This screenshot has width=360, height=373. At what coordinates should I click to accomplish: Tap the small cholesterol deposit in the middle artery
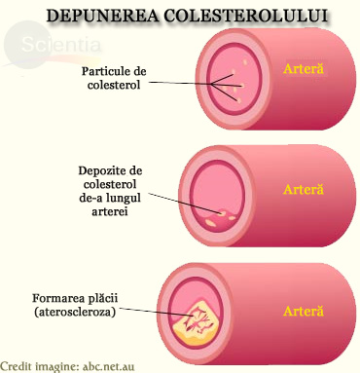(227, 214)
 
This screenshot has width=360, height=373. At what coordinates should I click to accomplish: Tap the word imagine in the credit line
(71, 365)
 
